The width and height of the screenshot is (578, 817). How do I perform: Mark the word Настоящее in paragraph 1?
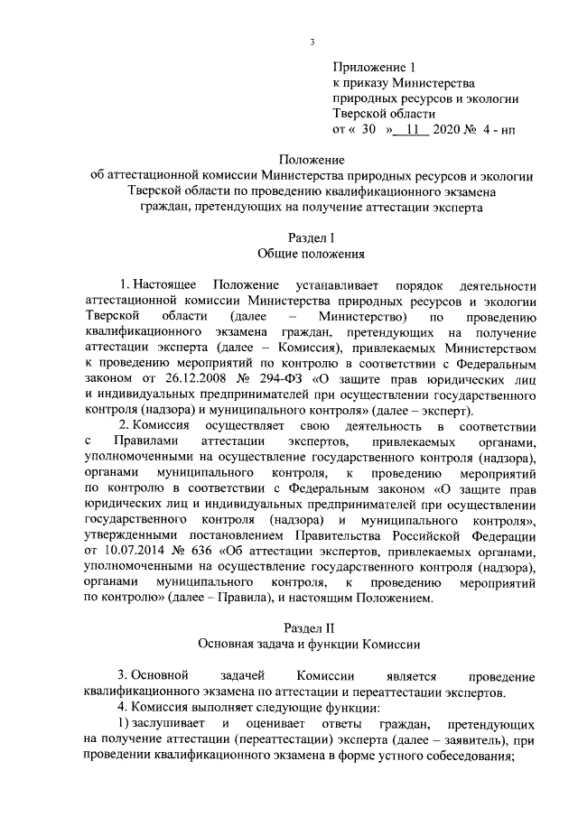pos(166,285)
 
